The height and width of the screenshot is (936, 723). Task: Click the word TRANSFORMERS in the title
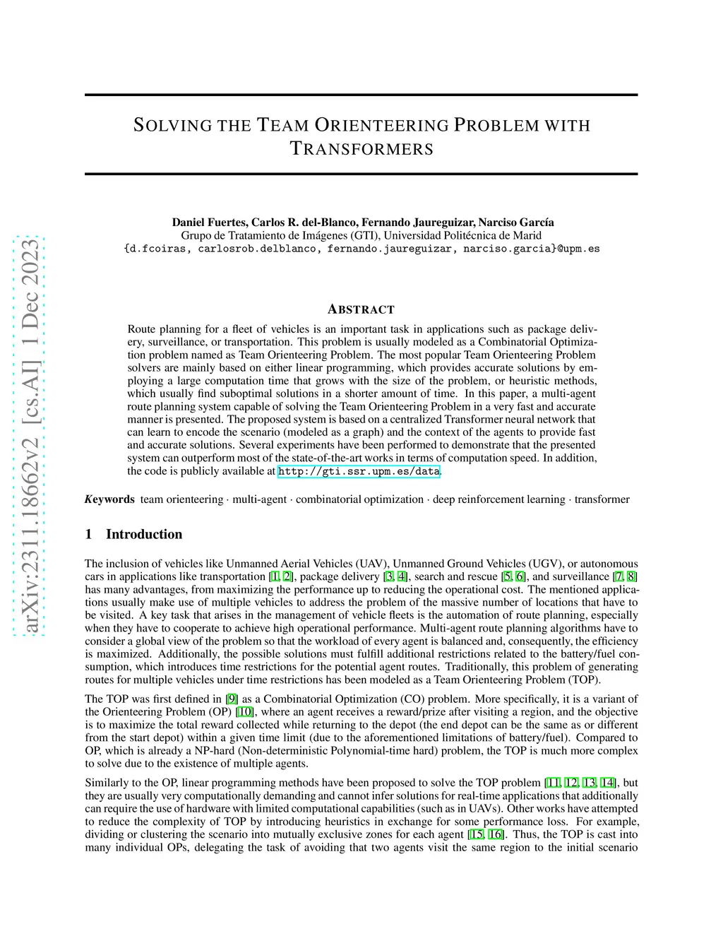tap(361, 149)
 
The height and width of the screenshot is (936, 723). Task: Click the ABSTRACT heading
tap(361, 309)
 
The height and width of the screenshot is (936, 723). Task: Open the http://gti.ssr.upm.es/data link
tap(359, 471)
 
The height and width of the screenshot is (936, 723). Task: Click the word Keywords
tap(109, 499)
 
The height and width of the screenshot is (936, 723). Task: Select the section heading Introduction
tap(144, 534)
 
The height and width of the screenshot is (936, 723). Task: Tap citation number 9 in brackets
tap(232, 699)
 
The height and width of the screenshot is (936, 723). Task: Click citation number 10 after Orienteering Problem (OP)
tap(245, 712)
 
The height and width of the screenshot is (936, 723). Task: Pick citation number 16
tap(496, 834)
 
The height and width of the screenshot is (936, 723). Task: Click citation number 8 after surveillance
tap(632, 577)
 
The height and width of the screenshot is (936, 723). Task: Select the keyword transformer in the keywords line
tap(602, 499)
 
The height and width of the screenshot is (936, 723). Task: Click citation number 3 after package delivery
tap(388, 577)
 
